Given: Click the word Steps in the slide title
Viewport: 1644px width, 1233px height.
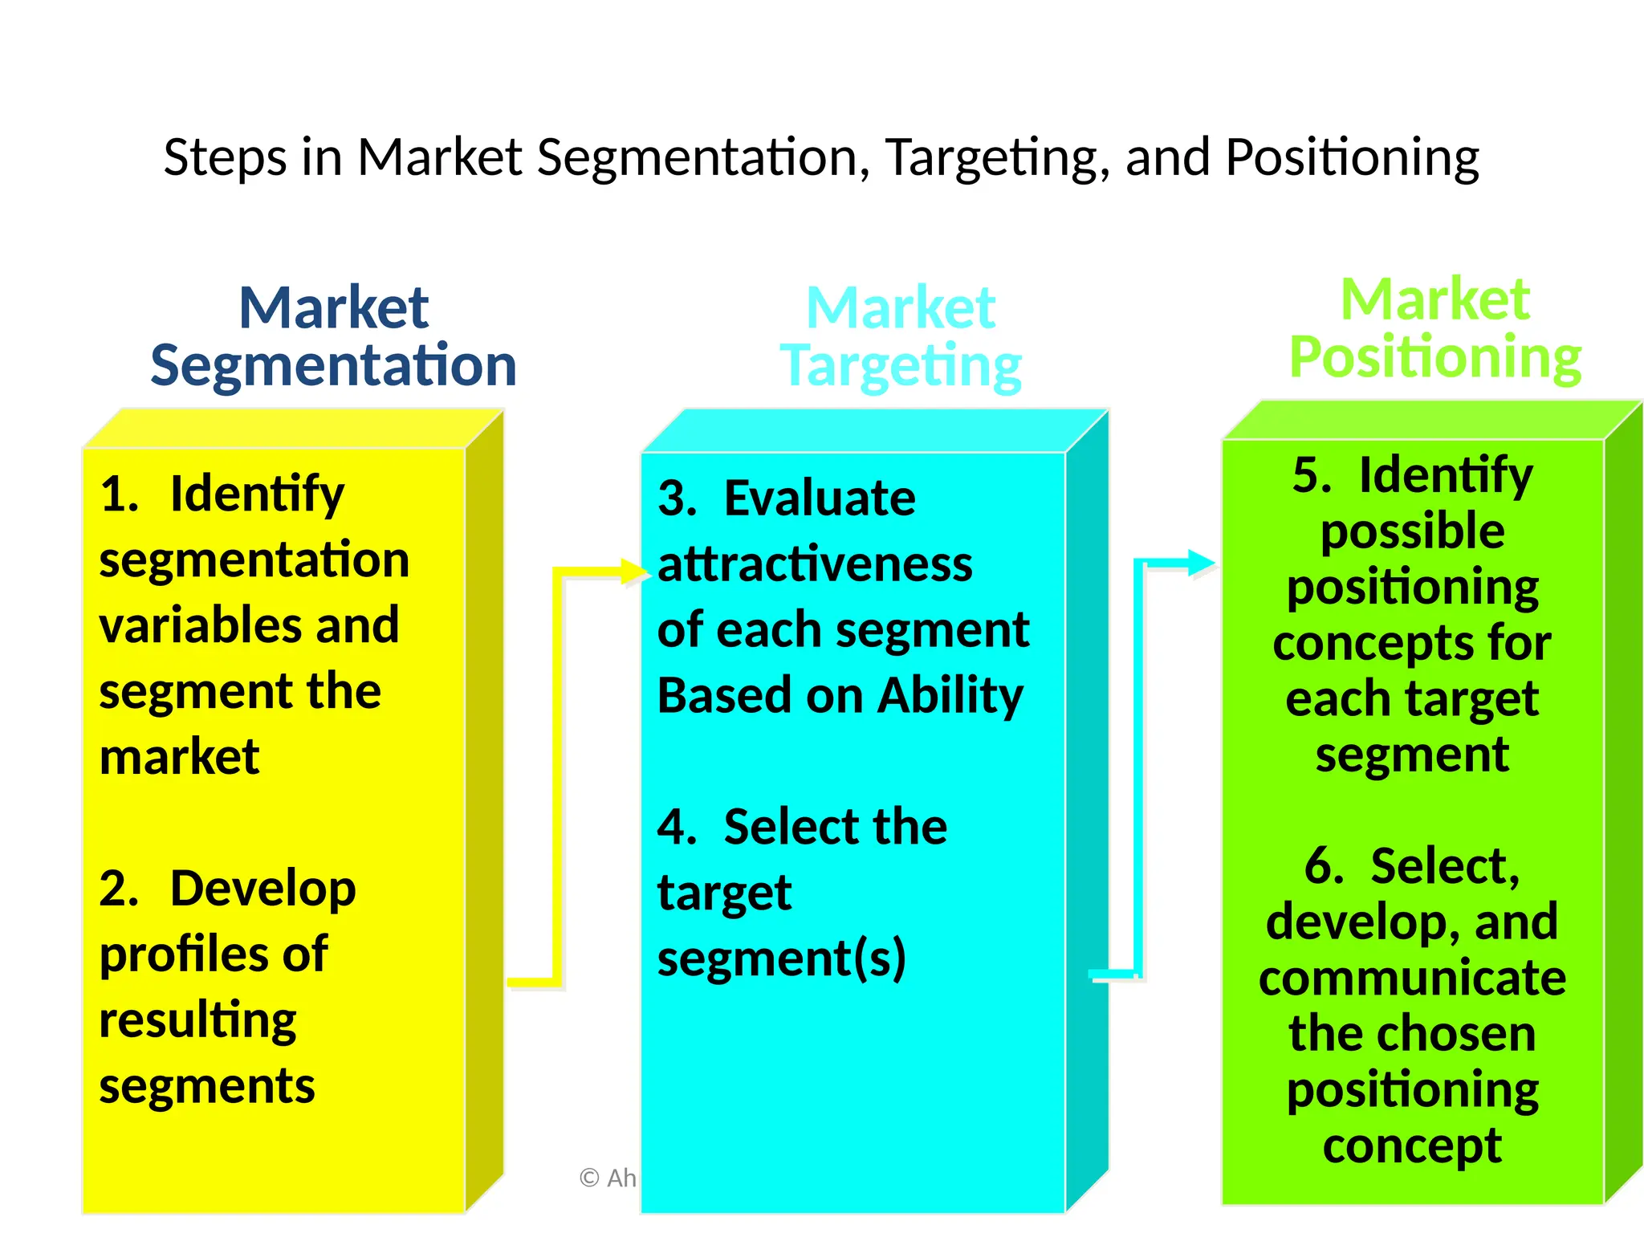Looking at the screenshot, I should click(225, 157).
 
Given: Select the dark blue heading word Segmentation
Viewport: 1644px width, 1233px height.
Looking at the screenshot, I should click(333, 365).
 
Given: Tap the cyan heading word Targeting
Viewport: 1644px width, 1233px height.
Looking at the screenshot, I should click(901, 366).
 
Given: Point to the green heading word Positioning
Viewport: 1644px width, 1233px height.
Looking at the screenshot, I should click(1435, 357).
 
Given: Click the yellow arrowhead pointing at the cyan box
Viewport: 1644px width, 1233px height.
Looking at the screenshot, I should click(635, 572).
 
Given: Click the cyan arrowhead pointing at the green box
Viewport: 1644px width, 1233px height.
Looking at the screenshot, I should click(1202, 562).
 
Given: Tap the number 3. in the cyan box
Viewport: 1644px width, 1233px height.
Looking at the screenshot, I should click(677, 498).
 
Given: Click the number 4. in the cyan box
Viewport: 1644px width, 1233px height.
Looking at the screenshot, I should click(677, 827).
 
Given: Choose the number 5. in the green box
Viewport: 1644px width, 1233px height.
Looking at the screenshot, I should click(1312, 475).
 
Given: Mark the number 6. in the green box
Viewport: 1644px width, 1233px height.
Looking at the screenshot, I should click(1324, 866).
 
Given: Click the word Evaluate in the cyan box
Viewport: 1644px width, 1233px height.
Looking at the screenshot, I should click(820, 498).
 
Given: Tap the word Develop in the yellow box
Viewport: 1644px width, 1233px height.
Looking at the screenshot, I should click(262, 889).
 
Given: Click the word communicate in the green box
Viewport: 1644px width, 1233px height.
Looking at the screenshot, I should click(1412, 979).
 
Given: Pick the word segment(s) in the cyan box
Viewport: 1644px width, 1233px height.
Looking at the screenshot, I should click(781, 958).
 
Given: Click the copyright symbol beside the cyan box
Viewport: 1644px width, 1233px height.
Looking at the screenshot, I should click(590, 1178).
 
